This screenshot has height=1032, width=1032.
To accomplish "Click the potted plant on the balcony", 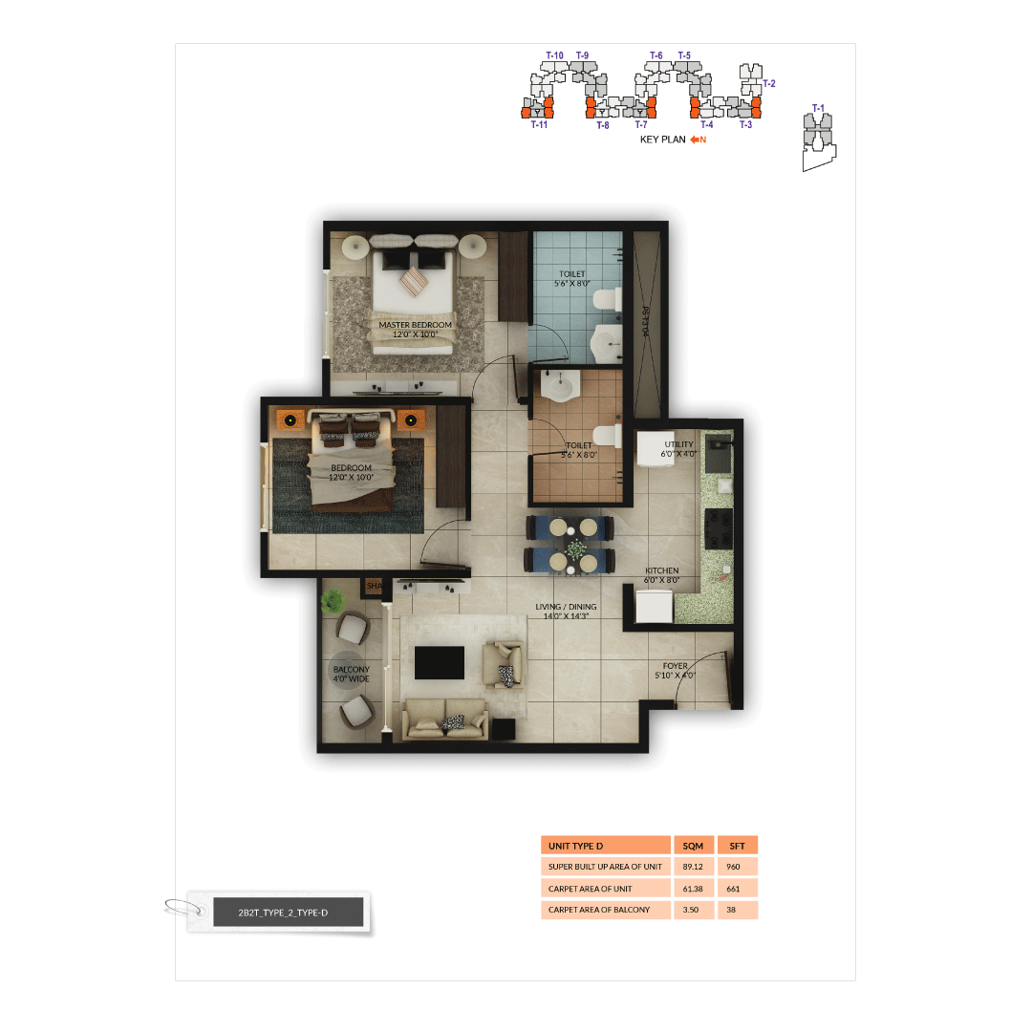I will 333,601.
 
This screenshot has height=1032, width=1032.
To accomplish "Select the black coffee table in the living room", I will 439,662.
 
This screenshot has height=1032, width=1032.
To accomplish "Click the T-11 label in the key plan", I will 539,124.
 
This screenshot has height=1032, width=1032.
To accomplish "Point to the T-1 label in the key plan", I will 817,108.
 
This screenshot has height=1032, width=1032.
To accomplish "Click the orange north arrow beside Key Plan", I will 698,140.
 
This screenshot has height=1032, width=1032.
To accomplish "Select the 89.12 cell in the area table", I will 693,867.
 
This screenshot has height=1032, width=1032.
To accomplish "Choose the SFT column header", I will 737,846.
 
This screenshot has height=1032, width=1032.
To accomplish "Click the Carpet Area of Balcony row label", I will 599,910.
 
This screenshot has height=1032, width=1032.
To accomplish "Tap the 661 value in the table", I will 734,889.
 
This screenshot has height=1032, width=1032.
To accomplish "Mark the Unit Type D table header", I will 605,846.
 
